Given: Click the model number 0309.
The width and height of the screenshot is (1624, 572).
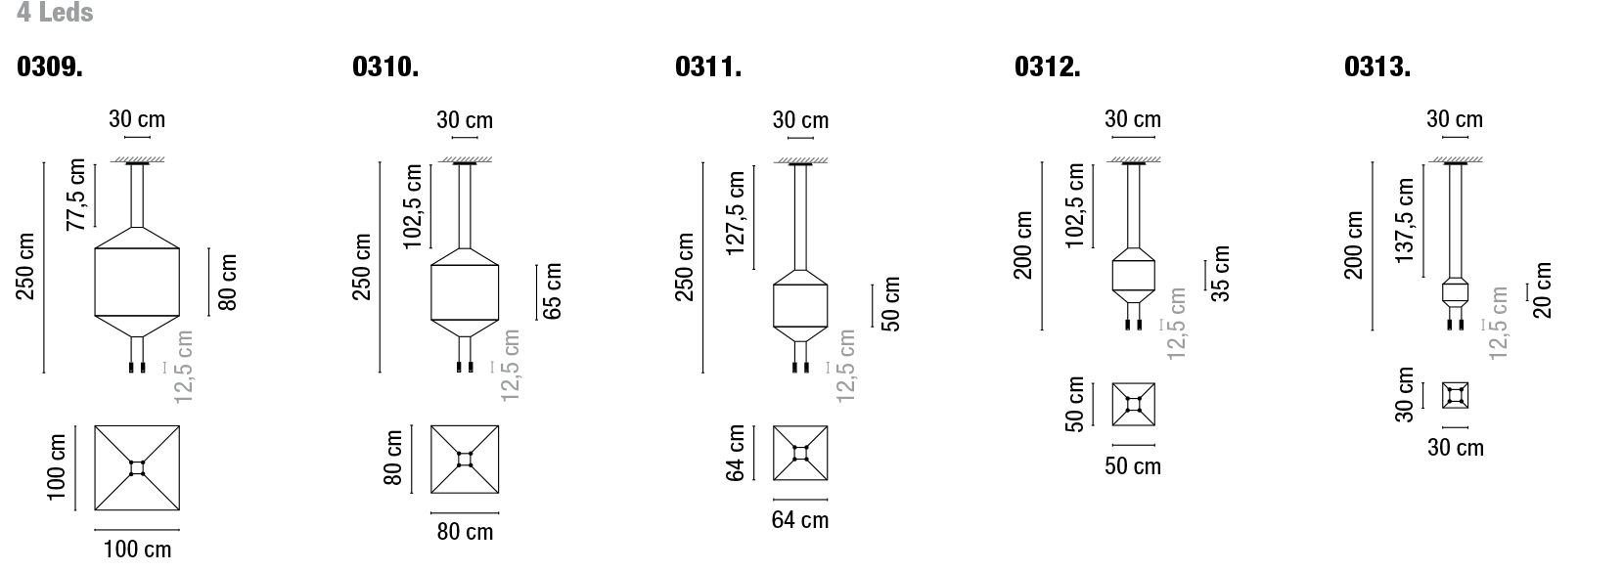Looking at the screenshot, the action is pos(49,66).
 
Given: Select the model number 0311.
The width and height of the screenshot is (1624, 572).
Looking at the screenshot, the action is pos(707,66).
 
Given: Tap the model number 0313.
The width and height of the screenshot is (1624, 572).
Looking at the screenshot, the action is pos(1376,66).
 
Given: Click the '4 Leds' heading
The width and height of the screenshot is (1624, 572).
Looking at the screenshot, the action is pos(55,12).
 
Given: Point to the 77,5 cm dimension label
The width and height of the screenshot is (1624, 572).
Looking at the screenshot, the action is pos(76,195).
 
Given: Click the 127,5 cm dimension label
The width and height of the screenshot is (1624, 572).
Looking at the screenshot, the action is pos(735,213).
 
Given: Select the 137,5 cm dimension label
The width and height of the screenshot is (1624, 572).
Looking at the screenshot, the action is pos(1404,220).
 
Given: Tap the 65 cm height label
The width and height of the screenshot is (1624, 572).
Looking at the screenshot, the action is pos(552,291).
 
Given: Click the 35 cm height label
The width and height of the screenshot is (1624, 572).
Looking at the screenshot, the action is pos(1220,274).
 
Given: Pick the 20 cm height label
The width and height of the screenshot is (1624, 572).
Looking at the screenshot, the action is pos(1542,290).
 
